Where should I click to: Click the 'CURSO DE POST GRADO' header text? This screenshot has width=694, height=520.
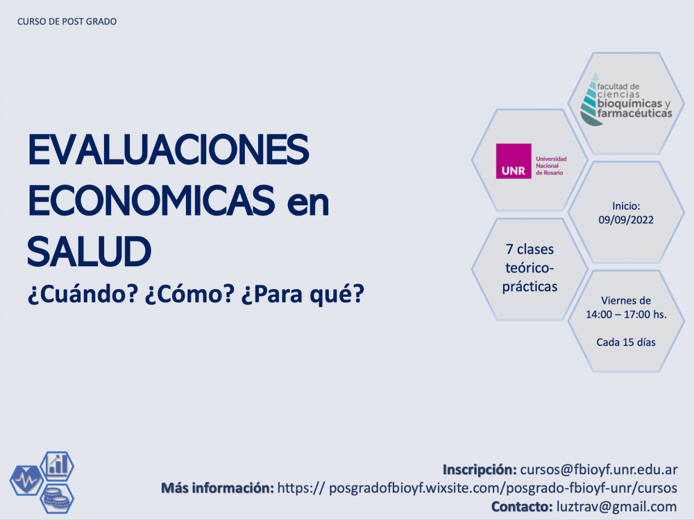(67, 21)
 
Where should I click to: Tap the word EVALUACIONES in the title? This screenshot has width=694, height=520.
(168, 150)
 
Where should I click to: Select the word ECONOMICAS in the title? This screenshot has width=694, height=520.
(151, 201)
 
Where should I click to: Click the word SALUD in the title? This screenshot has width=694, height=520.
(89, 252)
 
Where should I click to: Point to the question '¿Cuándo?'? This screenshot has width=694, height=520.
(83, 293)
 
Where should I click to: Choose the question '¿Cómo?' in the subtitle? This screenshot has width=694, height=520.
(189, 293)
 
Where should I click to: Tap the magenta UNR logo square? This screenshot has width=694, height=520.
(514, 161)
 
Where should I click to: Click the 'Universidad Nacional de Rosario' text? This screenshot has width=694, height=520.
(551, 166)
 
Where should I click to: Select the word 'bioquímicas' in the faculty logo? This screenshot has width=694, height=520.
(629, 103)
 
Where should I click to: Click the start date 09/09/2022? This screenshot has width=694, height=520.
(626, 220)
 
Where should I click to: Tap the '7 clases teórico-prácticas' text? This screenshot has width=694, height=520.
(530, 268)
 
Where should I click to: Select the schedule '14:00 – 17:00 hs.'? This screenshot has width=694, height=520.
(626, 314)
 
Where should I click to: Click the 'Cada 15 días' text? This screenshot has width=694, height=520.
(626, 343)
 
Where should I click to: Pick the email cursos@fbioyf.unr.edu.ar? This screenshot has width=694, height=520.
(598, 469)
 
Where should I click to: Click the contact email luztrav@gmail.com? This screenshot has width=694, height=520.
(616, 507)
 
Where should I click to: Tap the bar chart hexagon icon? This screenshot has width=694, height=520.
(57, 466)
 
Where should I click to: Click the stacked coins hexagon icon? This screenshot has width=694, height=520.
(57, 499)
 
